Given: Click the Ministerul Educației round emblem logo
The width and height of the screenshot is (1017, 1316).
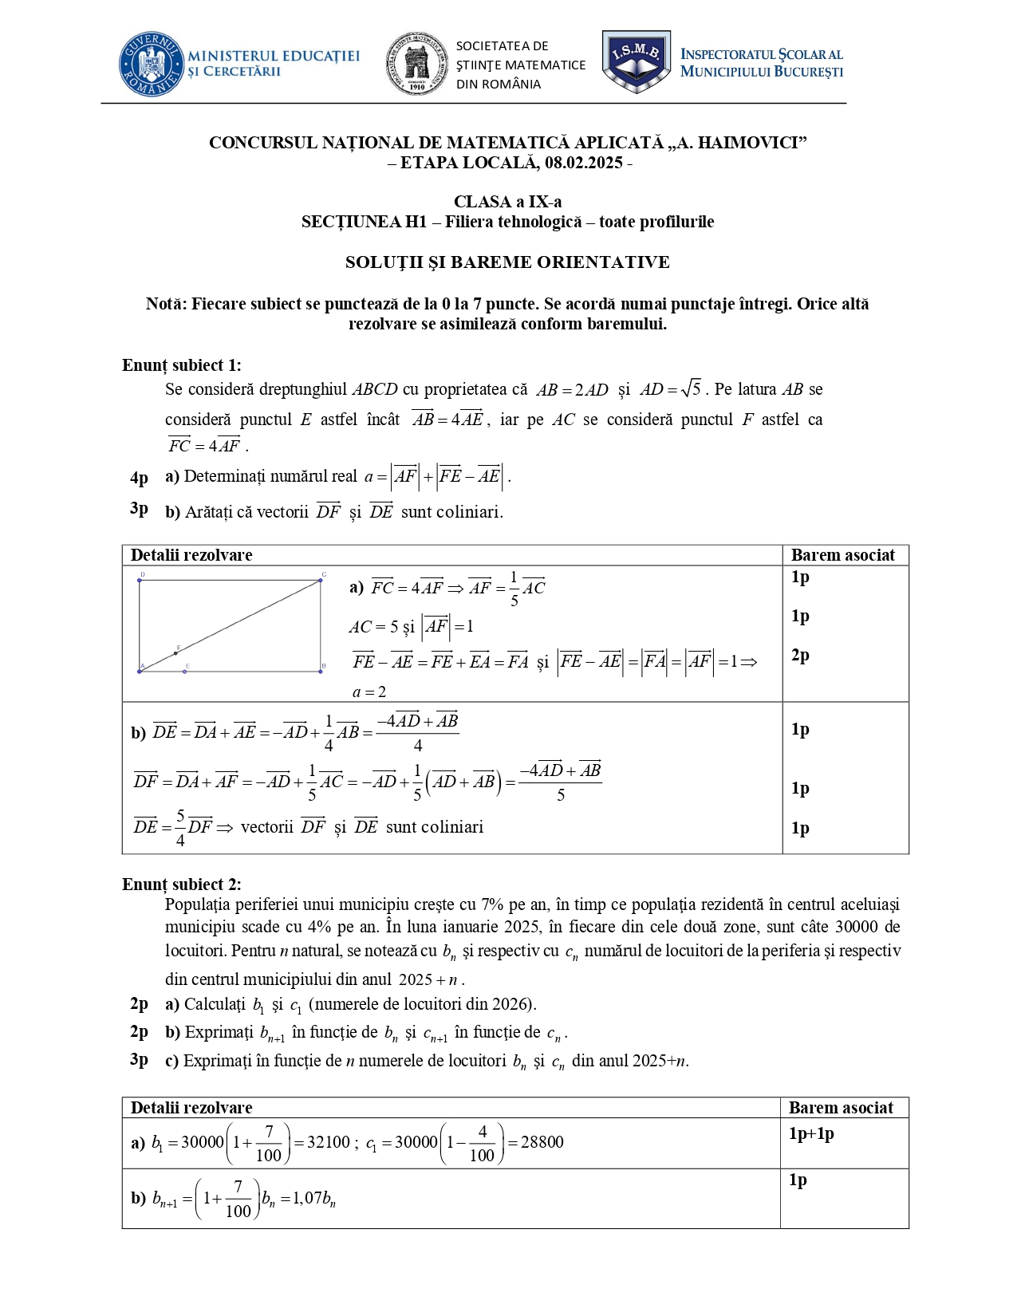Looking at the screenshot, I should click(x=152, y=65).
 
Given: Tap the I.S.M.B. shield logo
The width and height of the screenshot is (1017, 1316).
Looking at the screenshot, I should click(x=636, y=61).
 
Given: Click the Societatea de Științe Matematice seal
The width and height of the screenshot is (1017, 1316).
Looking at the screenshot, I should click(x=416, y=65).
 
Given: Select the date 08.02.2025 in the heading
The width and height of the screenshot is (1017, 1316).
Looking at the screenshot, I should click(x=583, y=163).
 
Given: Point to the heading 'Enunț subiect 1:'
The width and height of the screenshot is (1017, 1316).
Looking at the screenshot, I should click(x=181, y=365).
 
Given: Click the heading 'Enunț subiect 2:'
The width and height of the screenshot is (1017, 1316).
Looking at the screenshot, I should click(x=181, y=884).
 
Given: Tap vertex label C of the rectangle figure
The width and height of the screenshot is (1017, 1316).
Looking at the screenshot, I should click(x=324, y=574).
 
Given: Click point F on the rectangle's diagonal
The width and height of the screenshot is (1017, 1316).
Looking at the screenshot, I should click(x=176, y=652).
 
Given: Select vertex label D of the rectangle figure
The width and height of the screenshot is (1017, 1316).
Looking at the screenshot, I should click(x=142, y=574).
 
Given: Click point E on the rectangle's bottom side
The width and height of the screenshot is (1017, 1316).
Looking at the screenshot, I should click(x=185, y=671).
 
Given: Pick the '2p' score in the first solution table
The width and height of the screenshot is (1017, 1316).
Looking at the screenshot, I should click(x=800, y=655).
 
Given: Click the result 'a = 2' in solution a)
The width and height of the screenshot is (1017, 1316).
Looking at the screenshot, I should click(x=369, y=691).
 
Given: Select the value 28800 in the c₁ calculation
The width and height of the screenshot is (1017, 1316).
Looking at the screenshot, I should click(x=542, y=1142).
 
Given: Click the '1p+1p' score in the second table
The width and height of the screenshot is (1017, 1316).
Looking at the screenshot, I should click(x=811, y=1133).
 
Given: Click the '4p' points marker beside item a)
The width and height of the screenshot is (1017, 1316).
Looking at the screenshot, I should click(x=139, y=478).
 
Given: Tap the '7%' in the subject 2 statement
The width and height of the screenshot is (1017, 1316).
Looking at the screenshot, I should click(x=492, y=904).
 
